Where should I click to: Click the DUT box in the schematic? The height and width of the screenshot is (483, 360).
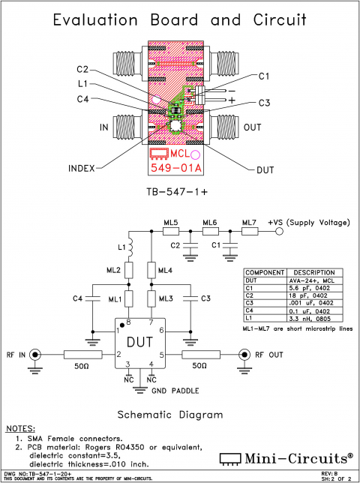pyautogui.click(x=139, y=343)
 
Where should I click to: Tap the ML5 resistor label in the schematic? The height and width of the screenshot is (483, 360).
pyautogui.click(x=171, y=223)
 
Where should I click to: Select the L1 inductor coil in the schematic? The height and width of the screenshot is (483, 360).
pyautogui.click(x=128, y=247)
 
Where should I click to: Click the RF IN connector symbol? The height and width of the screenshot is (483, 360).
pyautogui.click(x=34, y=355)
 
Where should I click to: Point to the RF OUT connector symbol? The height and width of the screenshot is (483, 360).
pyautogui.click(x=244, y=355)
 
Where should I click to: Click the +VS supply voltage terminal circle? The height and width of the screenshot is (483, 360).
pyautogui.click(x=279, y=232)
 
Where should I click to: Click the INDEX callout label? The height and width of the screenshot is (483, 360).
pyautogui.click(x=80, y=169)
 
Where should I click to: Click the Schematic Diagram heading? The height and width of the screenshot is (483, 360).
pyautogui.click(x=171, y=414)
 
